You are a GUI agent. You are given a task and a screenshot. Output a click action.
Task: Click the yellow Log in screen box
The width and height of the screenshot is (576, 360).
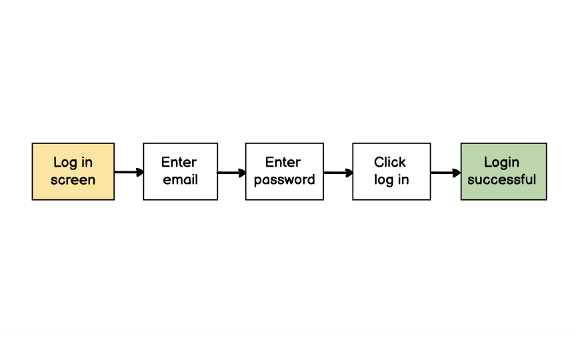(73, 171)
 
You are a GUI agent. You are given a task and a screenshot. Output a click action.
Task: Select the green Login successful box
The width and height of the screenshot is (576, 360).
(503, 171)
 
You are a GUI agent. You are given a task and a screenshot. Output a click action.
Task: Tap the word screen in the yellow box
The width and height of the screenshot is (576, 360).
(73, 180)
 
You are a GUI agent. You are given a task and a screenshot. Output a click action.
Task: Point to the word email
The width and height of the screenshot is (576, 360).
(180, 180)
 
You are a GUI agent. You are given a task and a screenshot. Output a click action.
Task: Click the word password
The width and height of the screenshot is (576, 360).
(284, 180)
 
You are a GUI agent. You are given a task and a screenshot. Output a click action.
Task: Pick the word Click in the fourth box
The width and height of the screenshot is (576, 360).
(390, 162)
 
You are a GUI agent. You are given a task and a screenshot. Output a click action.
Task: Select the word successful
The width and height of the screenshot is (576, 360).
(501, 179)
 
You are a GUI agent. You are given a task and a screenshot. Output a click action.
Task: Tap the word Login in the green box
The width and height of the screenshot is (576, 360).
(501, 162)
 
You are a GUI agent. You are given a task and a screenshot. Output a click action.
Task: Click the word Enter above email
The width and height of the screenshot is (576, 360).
(179, 162)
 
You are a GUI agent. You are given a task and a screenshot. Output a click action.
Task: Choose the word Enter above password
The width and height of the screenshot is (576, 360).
(283, 162)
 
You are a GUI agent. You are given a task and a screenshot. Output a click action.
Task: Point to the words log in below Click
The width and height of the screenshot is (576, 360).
(391, 180)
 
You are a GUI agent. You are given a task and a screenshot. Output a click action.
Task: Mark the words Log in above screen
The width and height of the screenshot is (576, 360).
(73, 162)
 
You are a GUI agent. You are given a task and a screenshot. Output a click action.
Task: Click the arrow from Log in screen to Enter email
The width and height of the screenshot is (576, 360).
(128, 172)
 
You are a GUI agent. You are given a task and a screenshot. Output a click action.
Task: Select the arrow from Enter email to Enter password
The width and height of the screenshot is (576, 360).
(231, 173)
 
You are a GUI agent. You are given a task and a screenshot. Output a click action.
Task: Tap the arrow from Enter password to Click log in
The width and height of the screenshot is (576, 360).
(337, 173)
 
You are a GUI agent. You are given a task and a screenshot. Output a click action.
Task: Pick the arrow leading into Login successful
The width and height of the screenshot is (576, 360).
(445, 173)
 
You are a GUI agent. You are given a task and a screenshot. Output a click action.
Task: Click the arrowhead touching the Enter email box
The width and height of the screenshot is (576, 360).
(140, 172)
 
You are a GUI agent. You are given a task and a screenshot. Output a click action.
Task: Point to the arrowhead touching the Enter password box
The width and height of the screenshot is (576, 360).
(242, 173)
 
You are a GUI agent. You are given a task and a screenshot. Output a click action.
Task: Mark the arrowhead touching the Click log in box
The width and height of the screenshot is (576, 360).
(349, 173)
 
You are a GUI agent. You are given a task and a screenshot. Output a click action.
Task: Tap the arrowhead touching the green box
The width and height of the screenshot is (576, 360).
(457, 173)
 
